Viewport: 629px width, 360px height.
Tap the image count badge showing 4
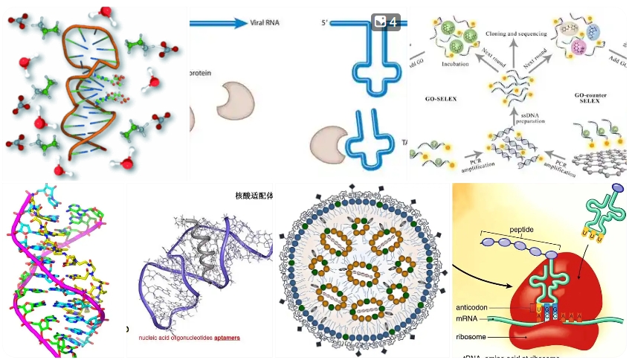(x=386, y=22)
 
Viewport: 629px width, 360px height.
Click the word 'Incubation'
(x=454, y=65)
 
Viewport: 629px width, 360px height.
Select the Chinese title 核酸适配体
(x=254, y=196)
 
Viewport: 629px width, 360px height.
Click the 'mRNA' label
(x=468, y=319)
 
